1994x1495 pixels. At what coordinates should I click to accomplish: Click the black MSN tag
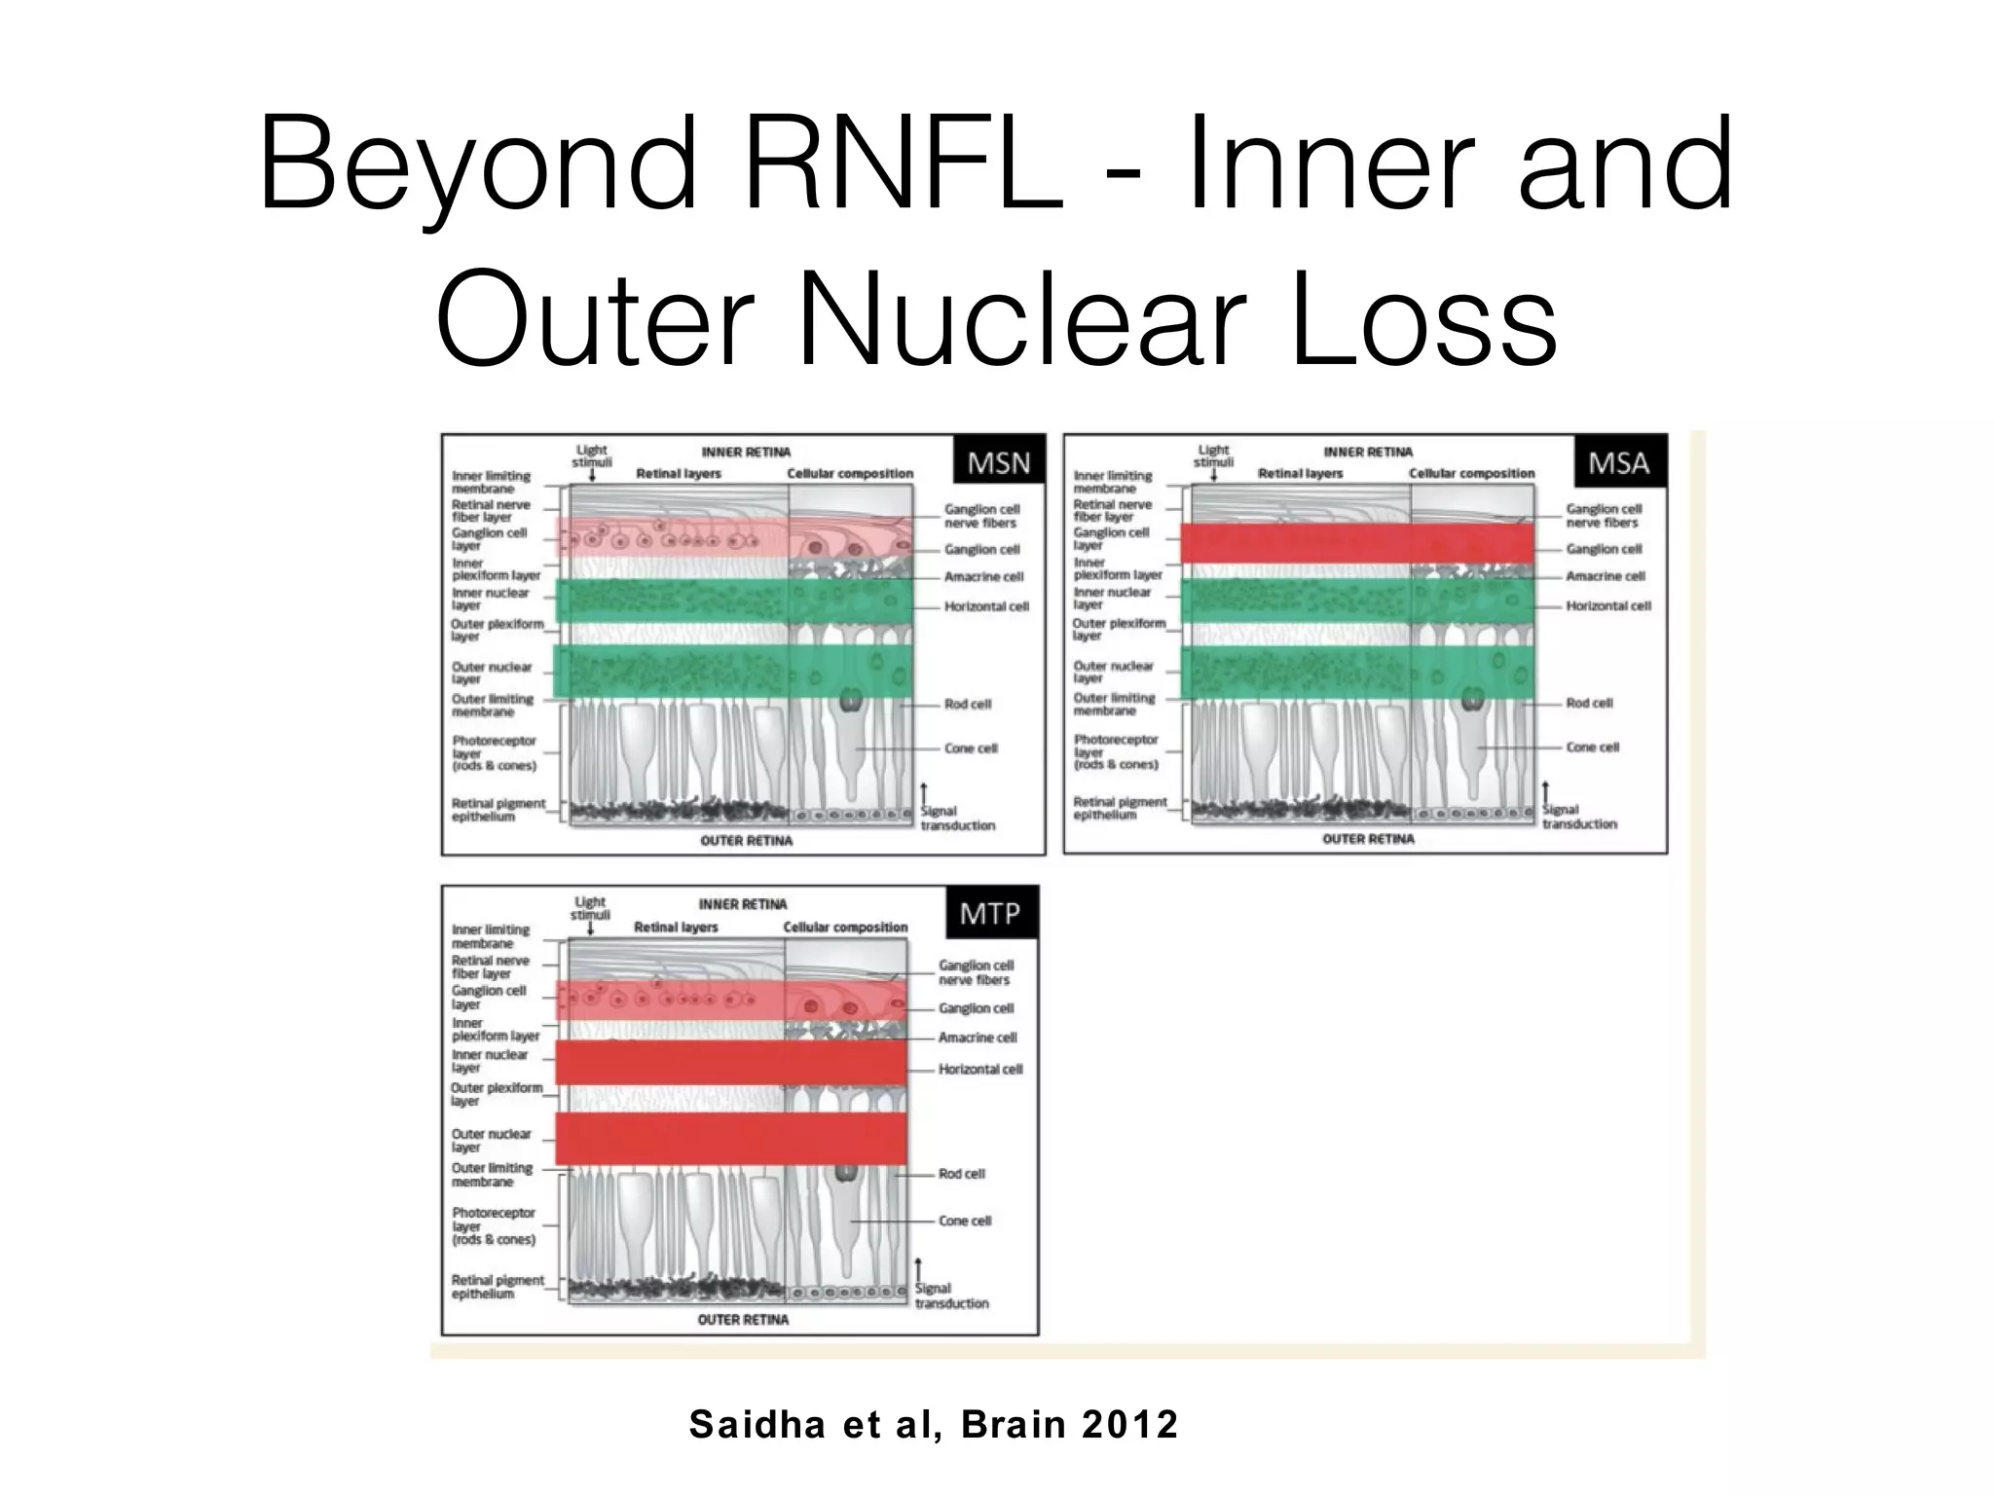[x=998, y=463]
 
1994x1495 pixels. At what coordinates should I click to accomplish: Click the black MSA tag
[x=1619, y=462]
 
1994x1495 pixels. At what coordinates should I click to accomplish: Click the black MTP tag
[x=990, y=914]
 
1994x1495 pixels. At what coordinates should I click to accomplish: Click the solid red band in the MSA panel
[x=1356, y=543]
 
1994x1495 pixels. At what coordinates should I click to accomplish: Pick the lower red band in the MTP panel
[x=730, y=1138]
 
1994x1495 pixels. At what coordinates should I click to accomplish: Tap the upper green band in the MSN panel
[x=733, y=601]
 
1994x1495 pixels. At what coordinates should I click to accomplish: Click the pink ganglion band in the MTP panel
[x=730, y=1001]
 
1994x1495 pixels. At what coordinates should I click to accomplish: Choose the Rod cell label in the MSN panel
[x=967, y=704]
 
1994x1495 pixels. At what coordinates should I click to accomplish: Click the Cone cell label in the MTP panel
[x=964, y=1221]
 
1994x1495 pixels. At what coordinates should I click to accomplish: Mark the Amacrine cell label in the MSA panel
[x=1605, y=576]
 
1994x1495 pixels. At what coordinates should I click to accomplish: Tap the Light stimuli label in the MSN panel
[x=591, y=456]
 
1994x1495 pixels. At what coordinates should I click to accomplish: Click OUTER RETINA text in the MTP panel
[x=742, y=1320]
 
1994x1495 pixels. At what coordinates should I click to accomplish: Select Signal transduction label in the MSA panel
[x=1578, y=817]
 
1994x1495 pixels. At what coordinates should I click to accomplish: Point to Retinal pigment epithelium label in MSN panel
[x=498, y=810]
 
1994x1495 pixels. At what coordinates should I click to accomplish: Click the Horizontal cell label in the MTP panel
[x=979, y=1069]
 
